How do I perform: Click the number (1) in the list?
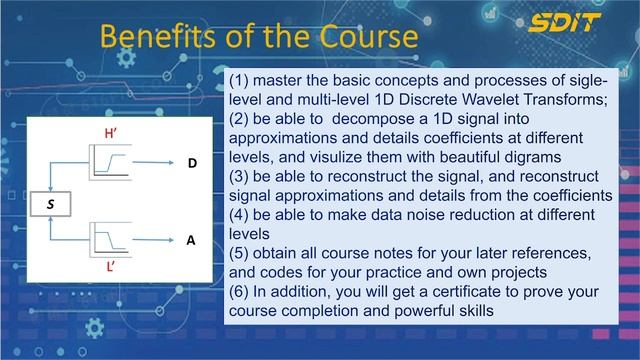(240, 80)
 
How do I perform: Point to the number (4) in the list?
(240, 215)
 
